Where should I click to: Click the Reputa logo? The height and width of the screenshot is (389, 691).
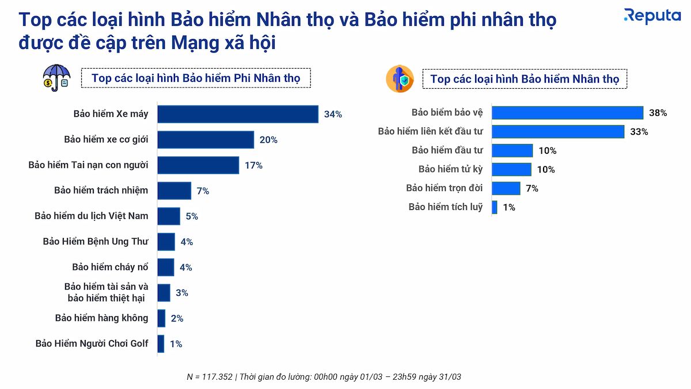(x=652, y=16)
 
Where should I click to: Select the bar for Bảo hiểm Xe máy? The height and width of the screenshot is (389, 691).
(x=238, y=114)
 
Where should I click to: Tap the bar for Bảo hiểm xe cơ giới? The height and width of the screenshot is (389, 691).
(x=206, y=139)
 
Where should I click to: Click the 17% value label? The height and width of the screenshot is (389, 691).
(x=253, y=165)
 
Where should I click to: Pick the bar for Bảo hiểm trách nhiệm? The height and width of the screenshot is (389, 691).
(x=174, y=191)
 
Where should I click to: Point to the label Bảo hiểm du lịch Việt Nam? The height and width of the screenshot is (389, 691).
(x=92, y=216)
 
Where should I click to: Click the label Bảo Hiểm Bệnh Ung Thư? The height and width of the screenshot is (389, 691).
(x=96, y=241)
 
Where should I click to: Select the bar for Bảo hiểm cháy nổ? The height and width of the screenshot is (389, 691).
(x=166, y=267)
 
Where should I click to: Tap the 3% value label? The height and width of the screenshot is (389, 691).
(x=182, y=293)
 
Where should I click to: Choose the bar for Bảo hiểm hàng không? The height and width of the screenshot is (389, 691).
(x=161, y=318)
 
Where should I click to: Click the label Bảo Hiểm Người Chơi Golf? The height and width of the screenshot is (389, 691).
(x=92, y=343)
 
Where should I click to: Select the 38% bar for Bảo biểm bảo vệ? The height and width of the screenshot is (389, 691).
(x=567, y=113)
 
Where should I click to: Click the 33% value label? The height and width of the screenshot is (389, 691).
(x=639, y=132)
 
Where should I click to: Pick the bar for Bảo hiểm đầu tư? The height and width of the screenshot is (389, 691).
(x=512, y=151)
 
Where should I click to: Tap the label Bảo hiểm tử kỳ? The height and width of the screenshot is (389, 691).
(x=450, y=169)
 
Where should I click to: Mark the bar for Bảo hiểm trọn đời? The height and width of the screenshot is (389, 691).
(x=506, y=188)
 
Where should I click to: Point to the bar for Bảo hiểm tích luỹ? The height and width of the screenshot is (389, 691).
(x=495, y=207)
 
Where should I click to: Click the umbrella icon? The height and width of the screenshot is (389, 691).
(x=57, y=78)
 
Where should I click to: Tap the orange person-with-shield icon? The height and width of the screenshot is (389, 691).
(x=400, y=79)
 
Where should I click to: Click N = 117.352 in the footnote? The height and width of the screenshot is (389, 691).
(x=210, y=377)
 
